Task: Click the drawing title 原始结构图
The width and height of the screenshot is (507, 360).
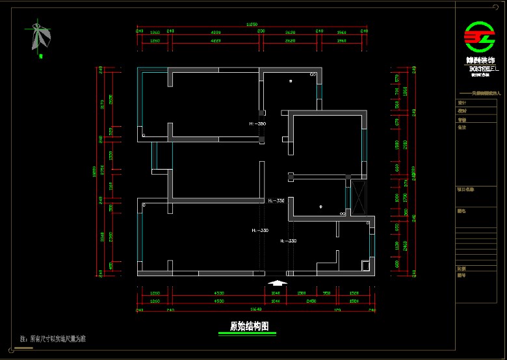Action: (x=249, y=326)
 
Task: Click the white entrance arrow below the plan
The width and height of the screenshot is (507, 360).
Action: (x=277, y=283)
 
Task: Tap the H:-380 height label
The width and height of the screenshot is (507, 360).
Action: (x=257, y=123)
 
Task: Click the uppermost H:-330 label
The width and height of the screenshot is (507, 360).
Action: (x=276, y=201)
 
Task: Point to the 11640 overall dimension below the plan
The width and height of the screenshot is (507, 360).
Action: (x=255, y=310)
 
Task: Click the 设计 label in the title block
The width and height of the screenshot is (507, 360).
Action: (x=462, y=103)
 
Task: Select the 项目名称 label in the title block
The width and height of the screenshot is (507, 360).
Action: (x=465, y=190)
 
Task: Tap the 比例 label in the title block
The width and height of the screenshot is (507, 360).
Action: (x=461, y=268)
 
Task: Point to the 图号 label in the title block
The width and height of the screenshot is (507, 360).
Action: (x=461, y=276)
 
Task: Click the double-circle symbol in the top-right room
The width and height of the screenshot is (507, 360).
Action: (x=313, y=75)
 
